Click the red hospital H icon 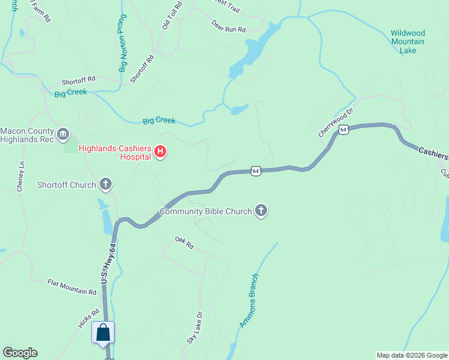[160, 152]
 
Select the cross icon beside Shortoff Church [106, 184]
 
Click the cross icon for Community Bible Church [261, 211]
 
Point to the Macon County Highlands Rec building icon [63, 134]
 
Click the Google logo [20, 353]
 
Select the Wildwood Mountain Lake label [408, 42]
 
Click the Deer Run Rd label [229, 26]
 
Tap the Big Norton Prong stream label [123, 43]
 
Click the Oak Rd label [185, 242]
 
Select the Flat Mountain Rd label [72, 287]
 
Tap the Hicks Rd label [88, 319]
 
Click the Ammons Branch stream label [249, 301]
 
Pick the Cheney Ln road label [21, 176]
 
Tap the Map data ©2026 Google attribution [412, 355]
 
